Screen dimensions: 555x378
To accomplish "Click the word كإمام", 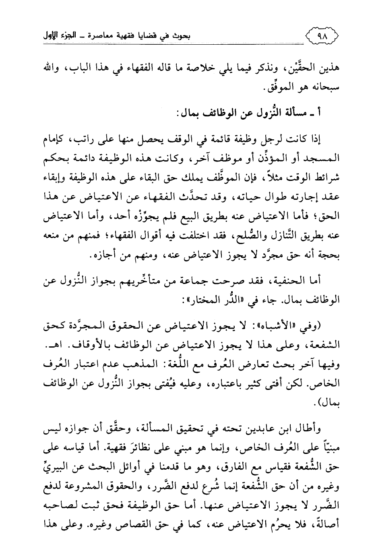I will click(x=53, y=141).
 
